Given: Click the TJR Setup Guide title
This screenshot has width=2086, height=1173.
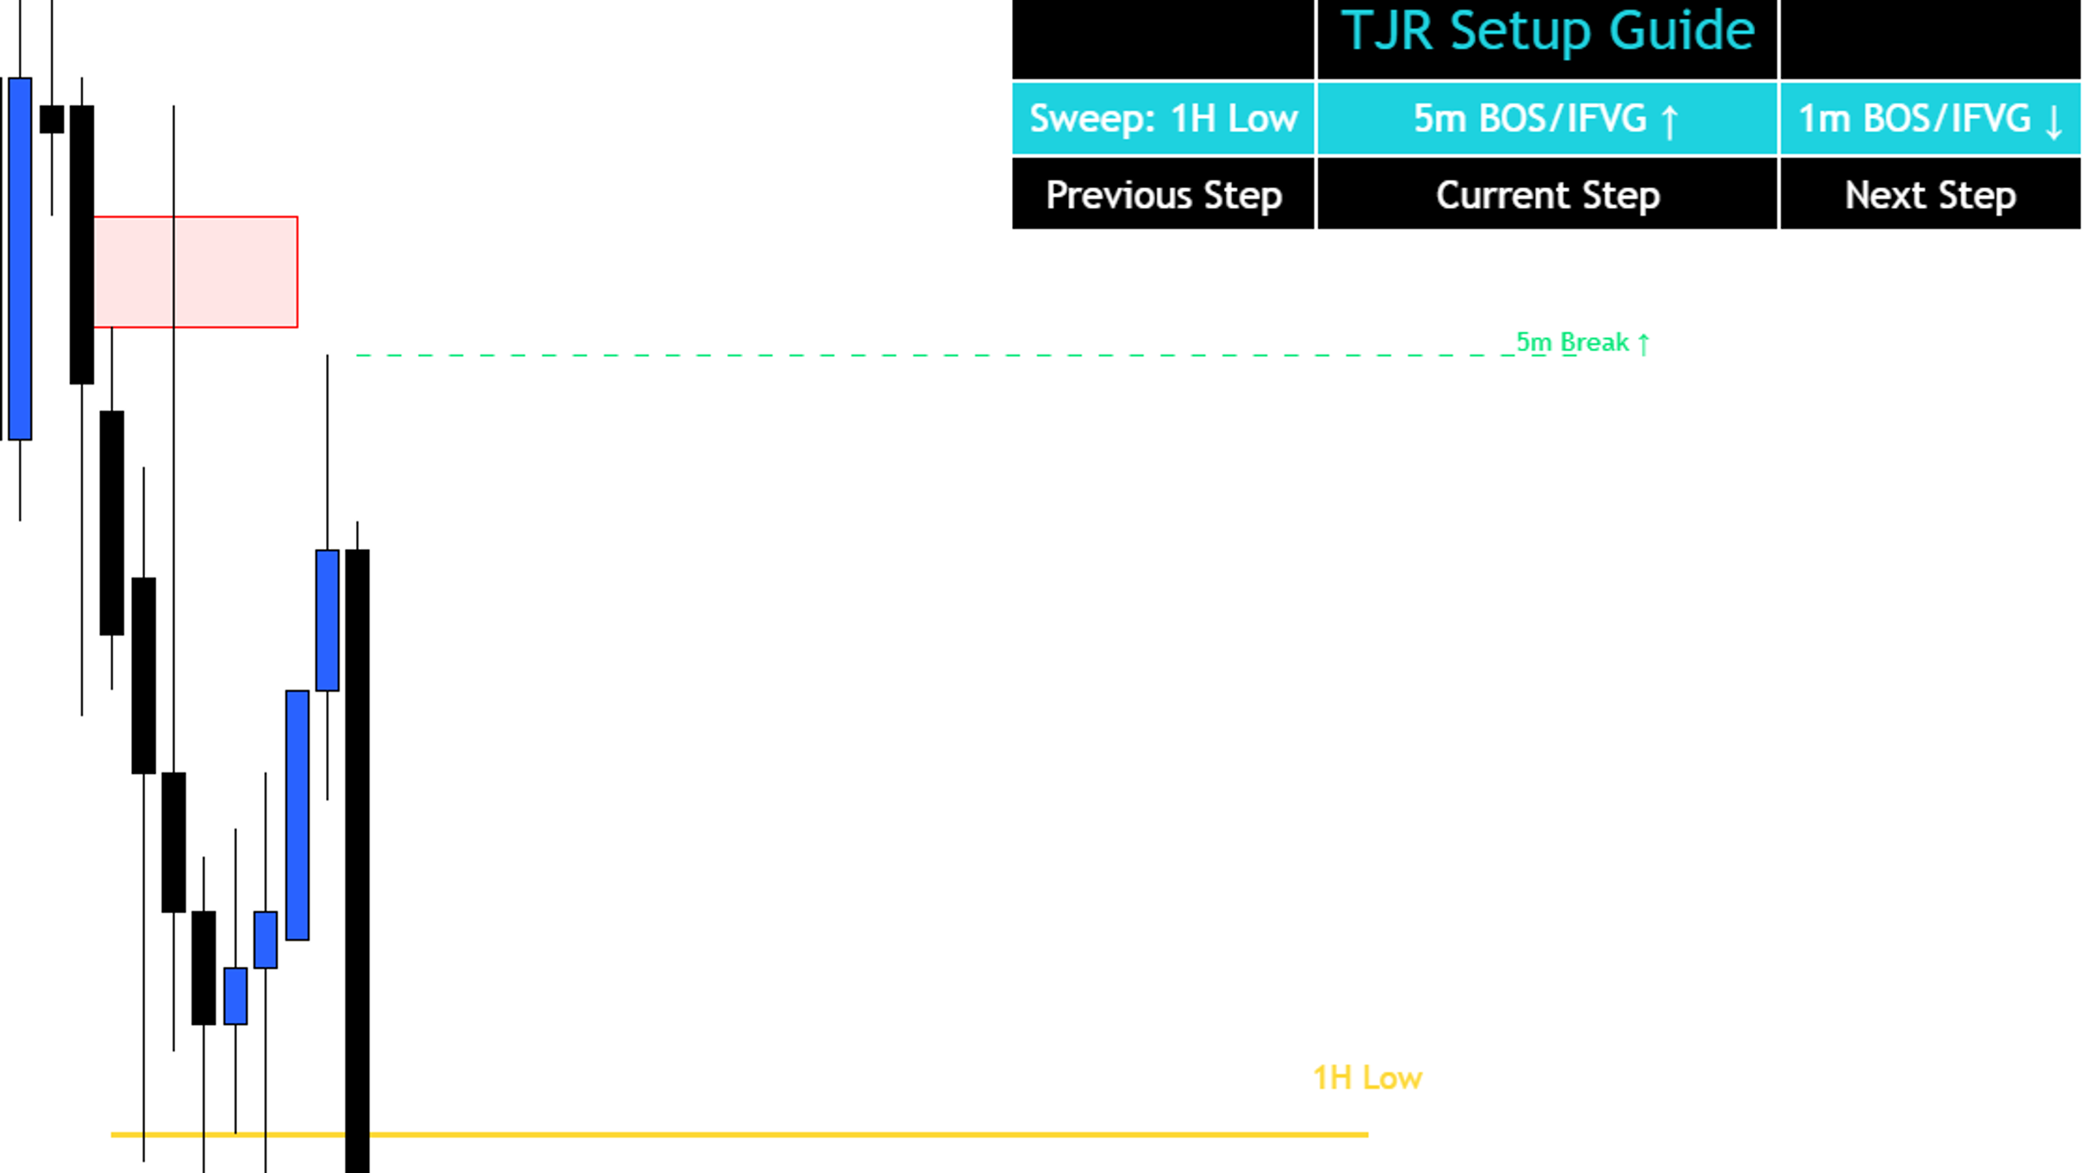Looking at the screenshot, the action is [1547, 31].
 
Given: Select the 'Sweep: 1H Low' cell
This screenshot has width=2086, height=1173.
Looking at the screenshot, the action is [1163, 118].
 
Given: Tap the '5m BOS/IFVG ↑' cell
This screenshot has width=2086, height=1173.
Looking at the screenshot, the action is [1547, 118].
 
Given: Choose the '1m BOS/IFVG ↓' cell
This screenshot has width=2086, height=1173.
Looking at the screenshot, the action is [1930, 118].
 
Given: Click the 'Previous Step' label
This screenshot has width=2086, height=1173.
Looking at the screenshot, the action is [1164, 195].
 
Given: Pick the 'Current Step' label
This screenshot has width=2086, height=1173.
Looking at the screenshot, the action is [1547, 195].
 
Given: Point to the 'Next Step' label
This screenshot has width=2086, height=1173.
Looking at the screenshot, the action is [1930, 195].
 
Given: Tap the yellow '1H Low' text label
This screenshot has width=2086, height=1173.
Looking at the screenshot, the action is [1367, 1078].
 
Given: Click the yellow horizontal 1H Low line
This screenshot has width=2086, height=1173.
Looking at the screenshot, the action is [739, 1134].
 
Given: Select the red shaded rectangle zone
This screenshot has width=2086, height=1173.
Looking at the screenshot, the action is [196, 272].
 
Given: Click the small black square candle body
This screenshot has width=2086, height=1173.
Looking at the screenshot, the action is [51, 119].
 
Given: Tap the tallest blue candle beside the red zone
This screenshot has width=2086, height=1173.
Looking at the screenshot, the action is [20, 259].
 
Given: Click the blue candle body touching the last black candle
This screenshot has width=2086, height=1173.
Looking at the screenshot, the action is [327, 620].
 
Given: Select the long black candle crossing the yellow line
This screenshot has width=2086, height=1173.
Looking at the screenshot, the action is [357, 861].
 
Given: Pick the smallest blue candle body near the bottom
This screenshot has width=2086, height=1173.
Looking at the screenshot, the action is [265, 939].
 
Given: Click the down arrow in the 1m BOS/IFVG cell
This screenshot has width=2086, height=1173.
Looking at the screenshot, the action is [2054, 122].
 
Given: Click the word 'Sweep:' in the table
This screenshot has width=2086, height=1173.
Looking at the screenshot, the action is [1092, 119].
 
